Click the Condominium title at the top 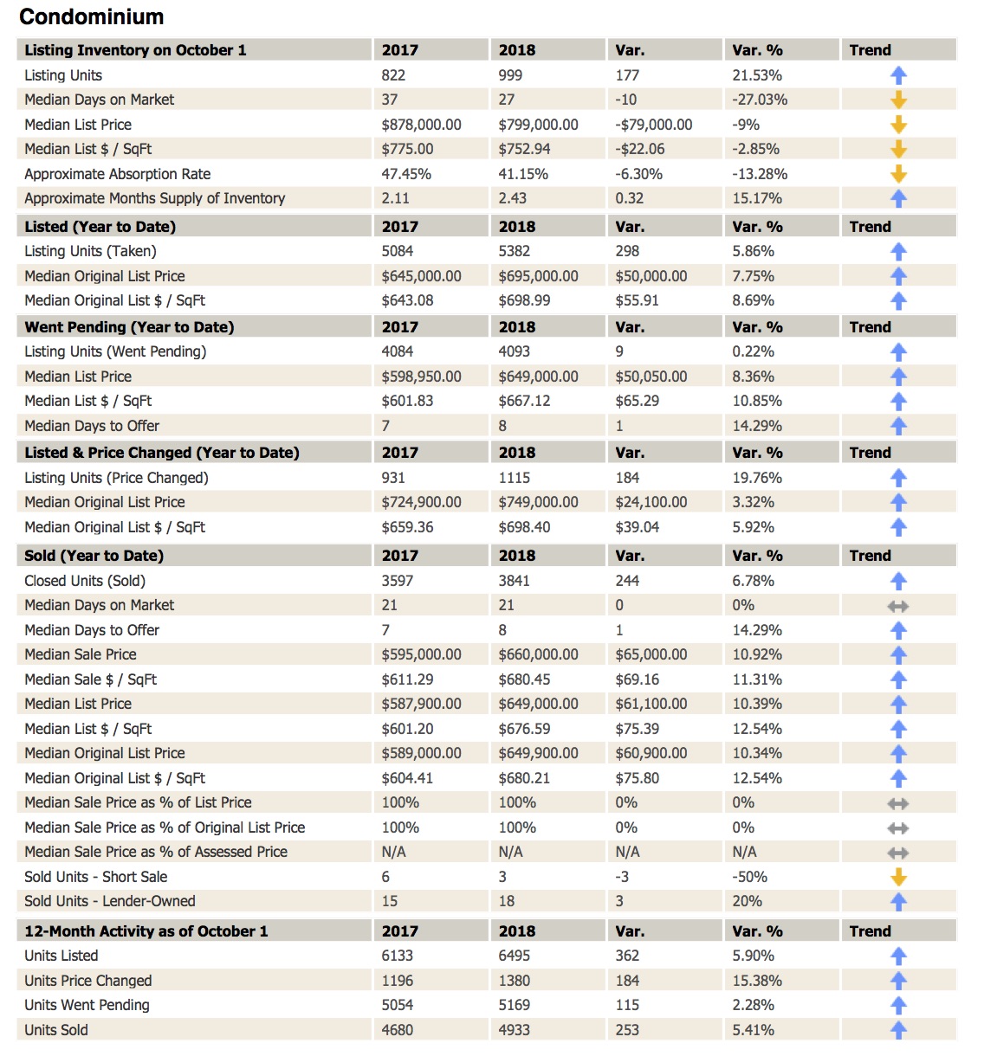[91, 16]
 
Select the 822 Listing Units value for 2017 [393, 75]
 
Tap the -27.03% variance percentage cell [760, 100]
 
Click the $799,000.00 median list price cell [538, 125]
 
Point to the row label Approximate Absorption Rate [117, 174]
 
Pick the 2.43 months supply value [512, 198]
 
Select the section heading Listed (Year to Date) [100, 227]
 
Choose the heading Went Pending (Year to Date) [129, 327]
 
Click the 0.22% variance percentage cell [753, 351]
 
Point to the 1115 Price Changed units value [514, 478]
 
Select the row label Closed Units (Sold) [85, 581]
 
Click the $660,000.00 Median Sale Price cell [538, 654]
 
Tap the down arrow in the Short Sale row [898, 877]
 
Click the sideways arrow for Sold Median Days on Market [898, 606]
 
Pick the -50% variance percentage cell [749, 877]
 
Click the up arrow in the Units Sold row [898, 1030]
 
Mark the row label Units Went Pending [87, 1005]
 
